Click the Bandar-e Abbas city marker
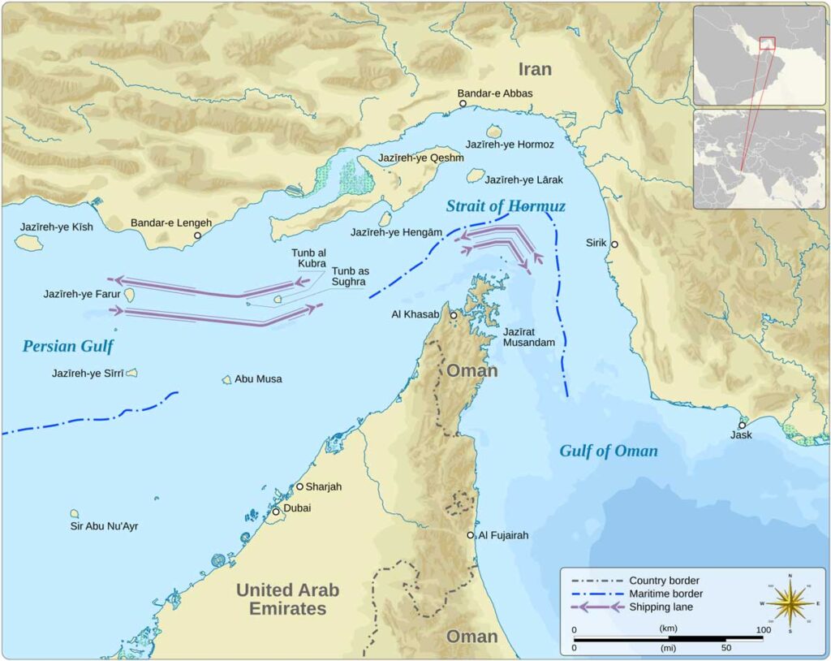pos(463,104)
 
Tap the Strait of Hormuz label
pos(505,206)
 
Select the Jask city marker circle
pos(742,425)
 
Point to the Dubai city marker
pos(276,512)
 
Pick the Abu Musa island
pos(227,379)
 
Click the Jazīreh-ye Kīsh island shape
pos(29,242)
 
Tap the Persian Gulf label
pos(67,347)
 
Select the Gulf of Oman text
pos(608,451)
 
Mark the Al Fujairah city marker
pos(471,535)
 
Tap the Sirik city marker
pos(614,244)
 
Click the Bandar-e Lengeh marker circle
pos(196,235)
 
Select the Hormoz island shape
pos(493,131)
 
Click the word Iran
pos(534,69)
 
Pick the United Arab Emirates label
pos(287,599)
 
